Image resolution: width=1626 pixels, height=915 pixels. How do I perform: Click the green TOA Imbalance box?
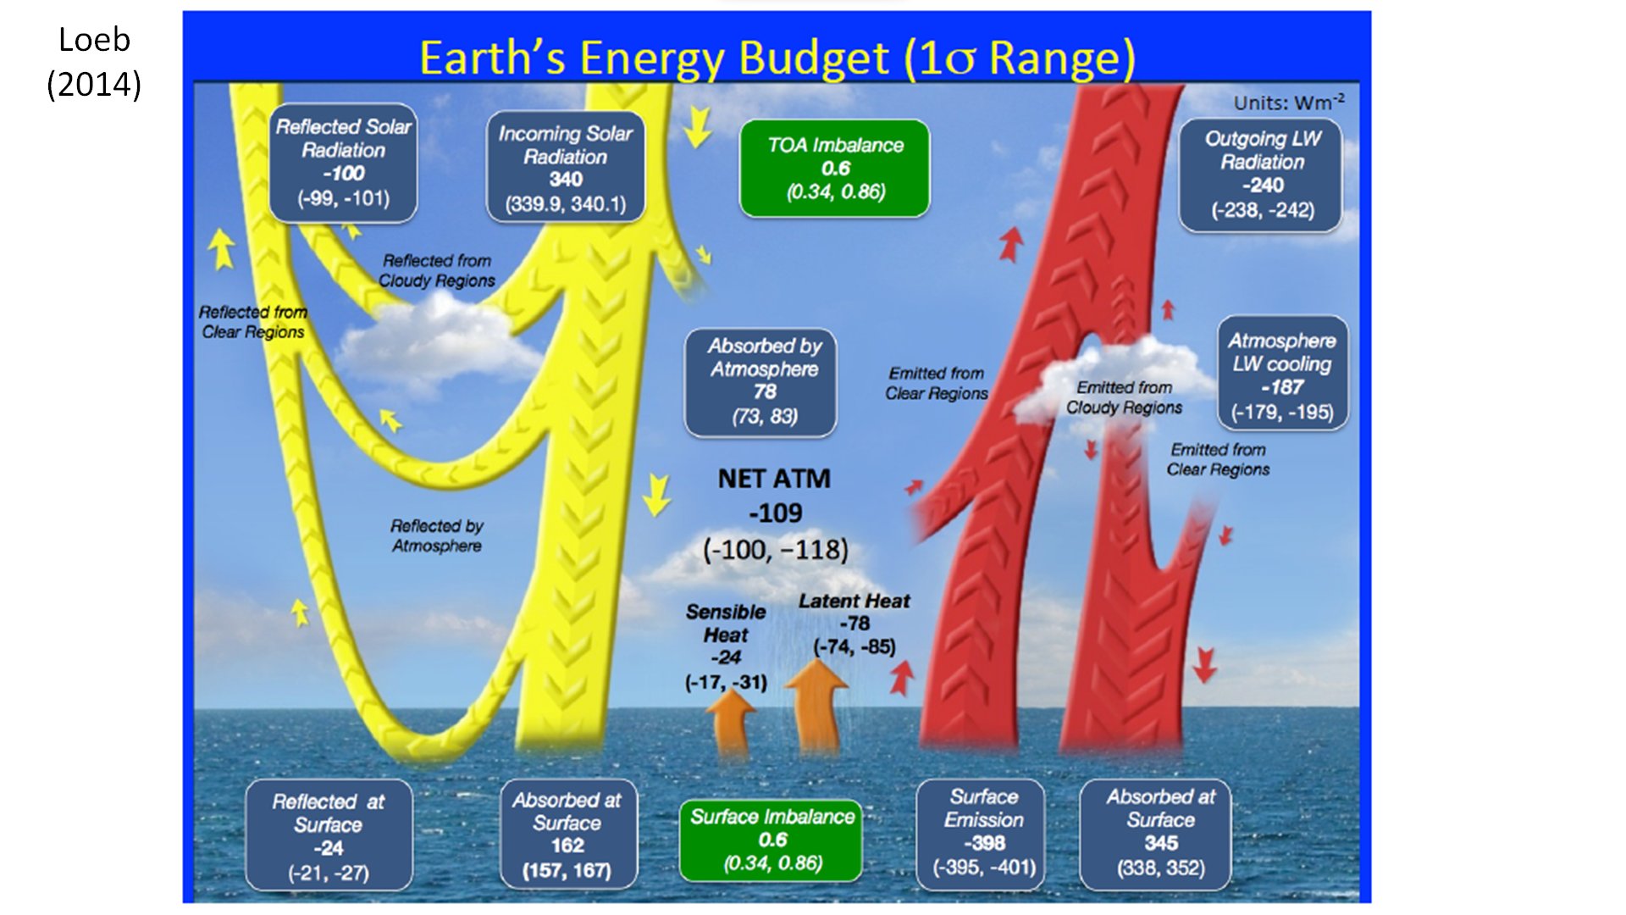[835, 169]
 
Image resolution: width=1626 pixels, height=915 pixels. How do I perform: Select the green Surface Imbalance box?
[772, 840]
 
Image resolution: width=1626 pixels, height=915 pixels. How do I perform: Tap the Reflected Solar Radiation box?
[343, 163]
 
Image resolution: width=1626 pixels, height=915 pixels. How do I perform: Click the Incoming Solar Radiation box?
[566, 168]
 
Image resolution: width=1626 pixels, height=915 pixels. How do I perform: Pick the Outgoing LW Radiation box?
[1261, 175]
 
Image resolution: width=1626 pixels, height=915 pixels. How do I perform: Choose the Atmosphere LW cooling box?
[1282, 374]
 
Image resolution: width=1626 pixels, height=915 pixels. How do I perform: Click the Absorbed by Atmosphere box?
[761, 382]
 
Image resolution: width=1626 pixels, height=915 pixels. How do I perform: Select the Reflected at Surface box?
[329, 835]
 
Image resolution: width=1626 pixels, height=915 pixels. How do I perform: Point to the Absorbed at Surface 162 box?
[567, 834]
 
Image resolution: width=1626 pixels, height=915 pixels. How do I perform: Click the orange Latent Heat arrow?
[817, 706]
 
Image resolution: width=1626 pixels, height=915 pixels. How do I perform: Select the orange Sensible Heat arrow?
[731, 722]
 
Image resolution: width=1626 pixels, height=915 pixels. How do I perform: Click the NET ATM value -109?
[775, 513]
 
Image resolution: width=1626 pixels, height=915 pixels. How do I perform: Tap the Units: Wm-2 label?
[1289, 103]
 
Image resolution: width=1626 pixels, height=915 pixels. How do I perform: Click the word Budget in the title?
[813, 59]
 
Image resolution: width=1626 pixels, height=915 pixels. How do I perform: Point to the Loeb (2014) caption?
[94, 62]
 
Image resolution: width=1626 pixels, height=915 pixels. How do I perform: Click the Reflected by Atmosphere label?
[437, 535]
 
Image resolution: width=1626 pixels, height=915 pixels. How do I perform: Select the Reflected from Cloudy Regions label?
[437, 270]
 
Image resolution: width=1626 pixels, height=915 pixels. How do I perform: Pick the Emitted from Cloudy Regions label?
[1124, 397]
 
